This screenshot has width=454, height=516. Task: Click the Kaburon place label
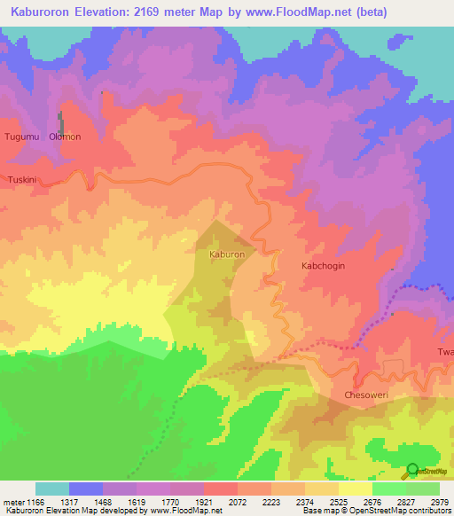226,254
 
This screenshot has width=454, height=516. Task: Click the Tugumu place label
23,137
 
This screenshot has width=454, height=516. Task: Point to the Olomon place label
66,137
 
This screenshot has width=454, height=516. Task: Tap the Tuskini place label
22,179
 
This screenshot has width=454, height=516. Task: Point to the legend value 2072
238,502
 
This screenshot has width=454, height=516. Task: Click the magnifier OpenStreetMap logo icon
412,470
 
